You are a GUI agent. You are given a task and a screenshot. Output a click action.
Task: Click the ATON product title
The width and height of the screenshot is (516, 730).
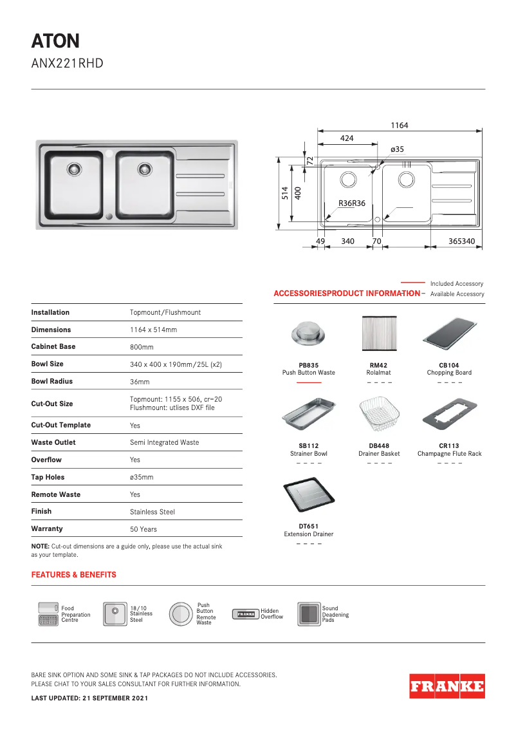(55, 42)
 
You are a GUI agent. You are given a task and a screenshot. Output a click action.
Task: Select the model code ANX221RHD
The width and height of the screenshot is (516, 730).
(67, 64)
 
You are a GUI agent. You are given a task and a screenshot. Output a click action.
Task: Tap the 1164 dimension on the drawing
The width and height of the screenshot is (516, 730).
(399, 126)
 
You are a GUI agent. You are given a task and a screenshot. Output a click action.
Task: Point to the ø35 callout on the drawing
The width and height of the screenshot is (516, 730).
(397, 149)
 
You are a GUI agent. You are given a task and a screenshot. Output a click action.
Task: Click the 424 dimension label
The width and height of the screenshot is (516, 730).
(346, 138)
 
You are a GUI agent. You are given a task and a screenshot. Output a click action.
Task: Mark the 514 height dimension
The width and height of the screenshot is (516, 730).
(284, 193)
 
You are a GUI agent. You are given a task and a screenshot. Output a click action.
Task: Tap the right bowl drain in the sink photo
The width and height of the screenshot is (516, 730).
(145, 169)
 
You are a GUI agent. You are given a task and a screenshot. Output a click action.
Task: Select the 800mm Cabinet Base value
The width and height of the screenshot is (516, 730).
(142, 347)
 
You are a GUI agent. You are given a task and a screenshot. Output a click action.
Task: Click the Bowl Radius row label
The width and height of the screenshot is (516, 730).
(51, 381)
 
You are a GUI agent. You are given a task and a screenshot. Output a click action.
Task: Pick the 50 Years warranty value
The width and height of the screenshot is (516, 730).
(143, 529)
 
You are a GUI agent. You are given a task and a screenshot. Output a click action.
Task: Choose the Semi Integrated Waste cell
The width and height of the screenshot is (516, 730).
(164, 442)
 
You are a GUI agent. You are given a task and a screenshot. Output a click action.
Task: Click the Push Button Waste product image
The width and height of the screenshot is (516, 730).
(308, 333)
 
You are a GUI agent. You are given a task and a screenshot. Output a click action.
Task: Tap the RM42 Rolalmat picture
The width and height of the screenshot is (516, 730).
(378, 333)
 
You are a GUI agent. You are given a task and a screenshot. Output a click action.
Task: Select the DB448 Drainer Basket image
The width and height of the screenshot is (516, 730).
(378, 415)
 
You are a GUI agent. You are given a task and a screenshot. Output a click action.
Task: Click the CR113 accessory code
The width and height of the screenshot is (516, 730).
(449, 445)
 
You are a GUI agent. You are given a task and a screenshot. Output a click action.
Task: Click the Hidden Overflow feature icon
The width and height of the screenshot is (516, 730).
(244, 614)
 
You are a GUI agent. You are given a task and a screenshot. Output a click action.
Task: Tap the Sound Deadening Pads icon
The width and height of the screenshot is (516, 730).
(309, 614)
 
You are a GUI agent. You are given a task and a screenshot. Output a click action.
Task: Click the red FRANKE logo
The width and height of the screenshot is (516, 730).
(447, 686)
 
